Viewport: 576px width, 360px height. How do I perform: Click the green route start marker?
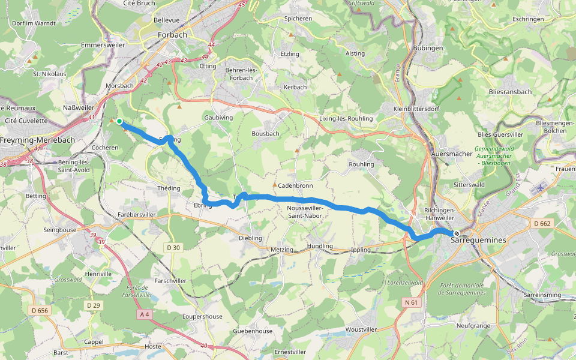[x=119, y=122]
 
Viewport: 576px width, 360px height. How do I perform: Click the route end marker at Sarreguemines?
[x=457, y=233]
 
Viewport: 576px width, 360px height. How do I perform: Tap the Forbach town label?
[x=172, y=35]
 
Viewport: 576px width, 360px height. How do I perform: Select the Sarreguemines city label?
[x=478, y=240]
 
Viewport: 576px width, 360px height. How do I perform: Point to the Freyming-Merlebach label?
[x=37, y=140]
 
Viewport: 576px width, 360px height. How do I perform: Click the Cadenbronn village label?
[x=295, y=185]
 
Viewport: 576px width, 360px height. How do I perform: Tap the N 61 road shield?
[x=411, y=302]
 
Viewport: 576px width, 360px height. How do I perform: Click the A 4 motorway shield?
[x=144, y=314]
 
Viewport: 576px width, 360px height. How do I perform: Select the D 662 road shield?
[x=542, y=224]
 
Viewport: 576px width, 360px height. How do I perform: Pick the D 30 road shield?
[x=173, y=247]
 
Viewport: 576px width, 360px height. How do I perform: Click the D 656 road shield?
[x=38, y=310]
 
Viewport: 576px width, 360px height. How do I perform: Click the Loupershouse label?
[x=202, y=316]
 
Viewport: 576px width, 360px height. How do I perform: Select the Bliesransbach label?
[x=510, y=92]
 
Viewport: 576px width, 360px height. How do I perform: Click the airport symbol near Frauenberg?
[x=542, y=188]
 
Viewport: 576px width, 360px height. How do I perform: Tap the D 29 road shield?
[x=93, y=305]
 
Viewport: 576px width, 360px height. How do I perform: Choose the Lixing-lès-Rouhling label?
[x=346, y=119]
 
